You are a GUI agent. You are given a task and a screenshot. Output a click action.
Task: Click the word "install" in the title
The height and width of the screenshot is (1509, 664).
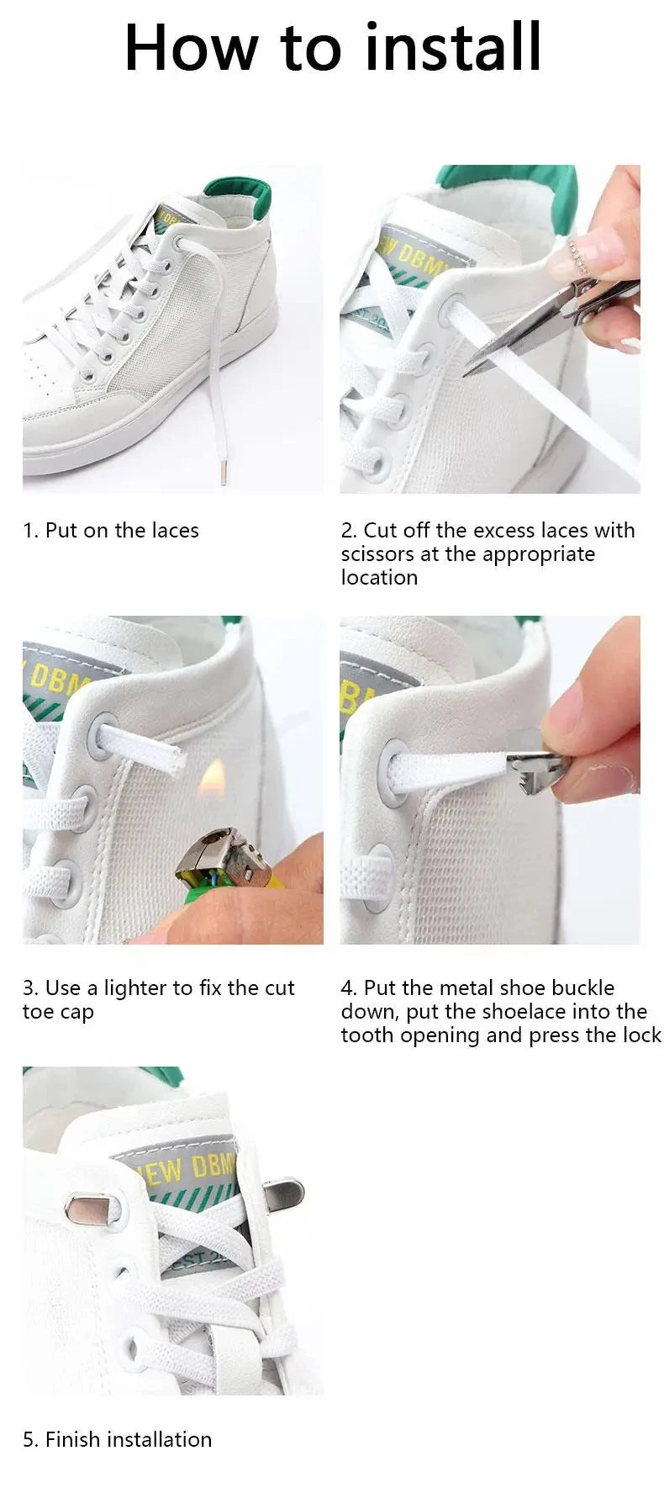click(454, 48)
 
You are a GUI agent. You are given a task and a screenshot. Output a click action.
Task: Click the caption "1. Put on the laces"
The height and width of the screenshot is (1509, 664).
click(111, 531)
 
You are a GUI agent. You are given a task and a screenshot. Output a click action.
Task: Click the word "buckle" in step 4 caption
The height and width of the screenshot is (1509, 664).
click(582, 988)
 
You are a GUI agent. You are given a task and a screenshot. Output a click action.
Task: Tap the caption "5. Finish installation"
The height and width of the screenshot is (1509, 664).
click(118, 1439)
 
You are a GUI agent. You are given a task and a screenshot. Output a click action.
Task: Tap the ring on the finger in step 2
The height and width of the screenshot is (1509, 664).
click(578, 256)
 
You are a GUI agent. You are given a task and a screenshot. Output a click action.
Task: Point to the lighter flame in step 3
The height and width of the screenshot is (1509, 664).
click(213, 776)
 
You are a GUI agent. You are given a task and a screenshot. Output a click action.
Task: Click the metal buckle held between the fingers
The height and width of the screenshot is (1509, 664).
click(538, 767)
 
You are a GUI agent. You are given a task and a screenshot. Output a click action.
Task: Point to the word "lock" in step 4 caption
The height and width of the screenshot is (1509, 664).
click(640, 1035)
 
